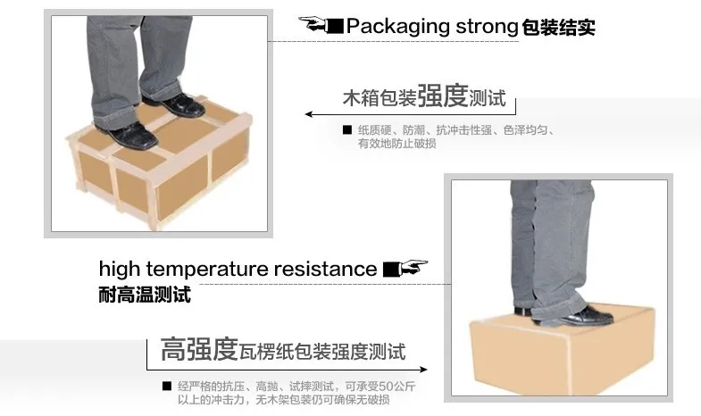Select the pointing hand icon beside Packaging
[x=321, y=24]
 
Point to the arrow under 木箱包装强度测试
[x=411, y=114]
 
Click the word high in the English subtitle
[x=120, y=269]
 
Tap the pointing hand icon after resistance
[x=405, y=268]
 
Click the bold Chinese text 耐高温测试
[x=145, y=295]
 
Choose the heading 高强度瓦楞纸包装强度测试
[x=283, y=350]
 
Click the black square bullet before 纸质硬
[x=346, y=130]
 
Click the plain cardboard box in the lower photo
[x=561, y=353]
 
